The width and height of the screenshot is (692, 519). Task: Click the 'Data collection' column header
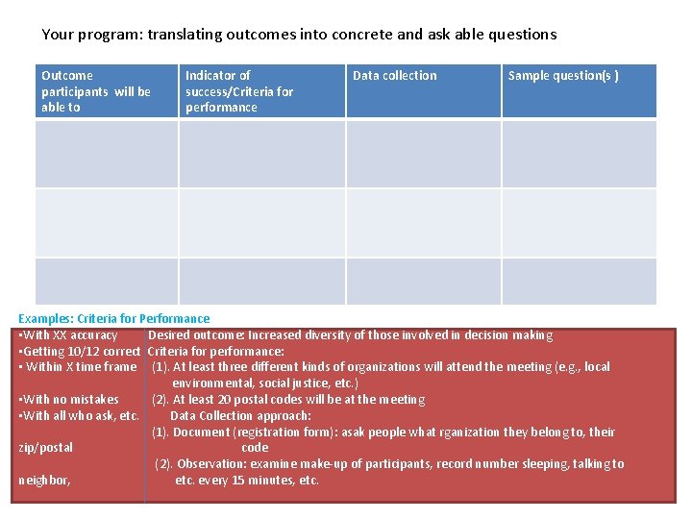pos(394,76)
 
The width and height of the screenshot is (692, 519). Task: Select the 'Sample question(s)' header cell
pos(563,76)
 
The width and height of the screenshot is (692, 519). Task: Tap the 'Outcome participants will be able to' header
pos(96,91)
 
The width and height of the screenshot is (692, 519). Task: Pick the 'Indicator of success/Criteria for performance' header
pos(239,91)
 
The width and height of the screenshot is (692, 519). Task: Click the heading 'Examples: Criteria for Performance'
pos(114,318)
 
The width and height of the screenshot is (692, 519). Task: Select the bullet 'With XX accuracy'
pos(68,335)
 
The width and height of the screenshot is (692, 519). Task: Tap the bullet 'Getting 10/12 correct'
pos(80,351)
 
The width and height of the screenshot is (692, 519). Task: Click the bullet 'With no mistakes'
pos(69,400)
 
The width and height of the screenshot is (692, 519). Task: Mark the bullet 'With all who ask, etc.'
pos(80,416)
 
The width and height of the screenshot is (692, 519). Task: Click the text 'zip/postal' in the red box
pos(45,448)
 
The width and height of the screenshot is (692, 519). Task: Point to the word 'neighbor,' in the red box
pos(44,481)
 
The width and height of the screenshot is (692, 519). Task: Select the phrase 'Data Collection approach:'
pos(240,416)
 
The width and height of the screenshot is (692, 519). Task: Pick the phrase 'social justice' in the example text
pos(288,383)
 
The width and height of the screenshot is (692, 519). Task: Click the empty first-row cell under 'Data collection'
pos(424,154)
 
